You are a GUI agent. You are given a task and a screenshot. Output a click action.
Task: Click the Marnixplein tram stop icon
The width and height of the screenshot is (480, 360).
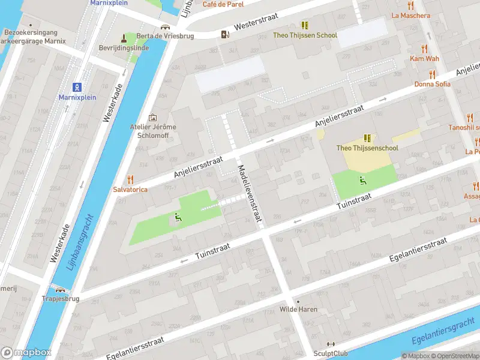click(x=77, y=87)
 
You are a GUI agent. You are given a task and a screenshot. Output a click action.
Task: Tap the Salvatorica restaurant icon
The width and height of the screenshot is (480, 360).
click(x=130, y=179)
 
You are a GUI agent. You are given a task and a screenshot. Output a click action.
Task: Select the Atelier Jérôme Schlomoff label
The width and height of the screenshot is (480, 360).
click(x=153, y=131)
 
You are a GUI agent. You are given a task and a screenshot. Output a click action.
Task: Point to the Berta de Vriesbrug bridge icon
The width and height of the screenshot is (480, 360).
click(x=165, y=27)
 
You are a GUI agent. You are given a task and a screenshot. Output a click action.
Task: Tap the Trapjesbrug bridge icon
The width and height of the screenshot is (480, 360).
click(x=61, y=289)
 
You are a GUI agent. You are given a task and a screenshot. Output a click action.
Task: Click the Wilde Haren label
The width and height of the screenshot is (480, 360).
click(x=299, y=310)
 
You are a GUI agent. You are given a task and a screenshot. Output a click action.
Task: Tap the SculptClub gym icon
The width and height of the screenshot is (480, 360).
click(x=330, y=344)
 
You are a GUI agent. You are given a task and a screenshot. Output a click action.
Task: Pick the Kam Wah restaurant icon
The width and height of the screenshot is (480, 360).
click(x=425, y=49)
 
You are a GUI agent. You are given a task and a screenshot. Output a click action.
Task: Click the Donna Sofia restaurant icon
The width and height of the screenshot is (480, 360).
click(x=432, y=74)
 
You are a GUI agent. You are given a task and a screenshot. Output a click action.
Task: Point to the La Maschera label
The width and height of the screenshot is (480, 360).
click(x=410, y=16)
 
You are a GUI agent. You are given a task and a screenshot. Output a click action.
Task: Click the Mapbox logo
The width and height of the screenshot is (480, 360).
click(x=26, y=353)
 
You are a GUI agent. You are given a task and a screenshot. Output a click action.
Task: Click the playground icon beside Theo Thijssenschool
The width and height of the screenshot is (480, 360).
click(x=362, y=181)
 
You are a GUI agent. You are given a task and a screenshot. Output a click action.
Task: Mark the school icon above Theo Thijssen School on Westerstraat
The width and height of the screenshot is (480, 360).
click(x=305, y=25)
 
